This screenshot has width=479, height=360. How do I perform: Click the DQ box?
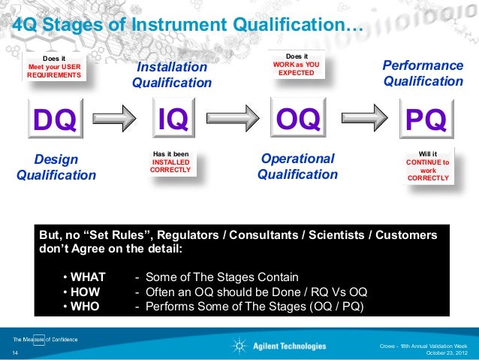point(55,120)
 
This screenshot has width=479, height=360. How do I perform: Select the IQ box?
point(172,119)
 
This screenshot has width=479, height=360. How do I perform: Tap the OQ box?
point(298,119)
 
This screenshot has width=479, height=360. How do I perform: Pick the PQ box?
point(425,120)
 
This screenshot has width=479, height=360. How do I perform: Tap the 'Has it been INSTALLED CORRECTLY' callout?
point(170,162)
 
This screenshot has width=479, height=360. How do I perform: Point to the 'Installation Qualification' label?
point(171,75)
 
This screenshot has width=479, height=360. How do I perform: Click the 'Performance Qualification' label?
point(423,74)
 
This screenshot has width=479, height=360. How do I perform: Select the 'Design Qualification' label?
point(56,168)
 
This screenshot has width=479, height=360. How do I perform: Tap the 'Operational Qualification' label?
point(297,167)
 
